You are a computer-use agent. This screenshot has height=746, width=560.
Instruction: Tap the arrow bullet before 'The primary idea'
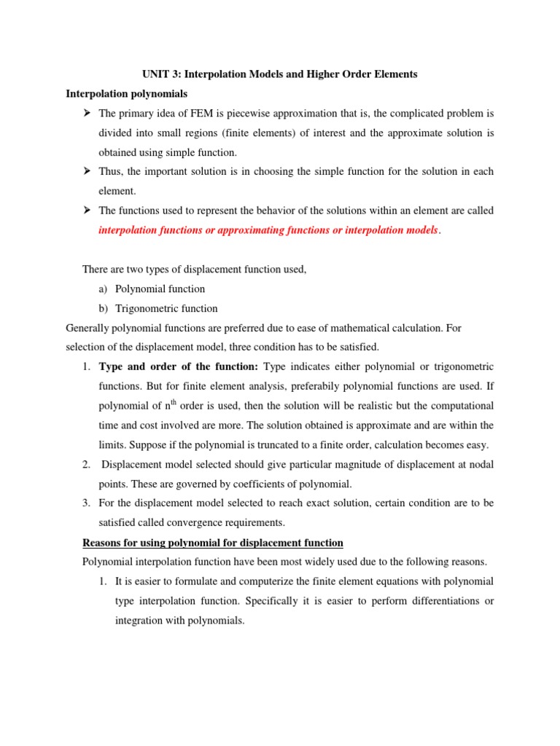(x=87, y=113)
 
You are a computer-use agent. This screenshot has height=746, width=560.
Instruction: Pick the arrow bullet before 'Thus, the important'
(x=87, y=171)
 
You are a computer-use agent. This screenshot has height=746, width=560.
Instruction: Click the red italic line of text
(x=270, y=230)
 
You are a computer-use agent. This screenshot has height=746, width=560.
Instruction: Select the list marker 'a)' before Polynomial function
(x=104, y=289)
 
